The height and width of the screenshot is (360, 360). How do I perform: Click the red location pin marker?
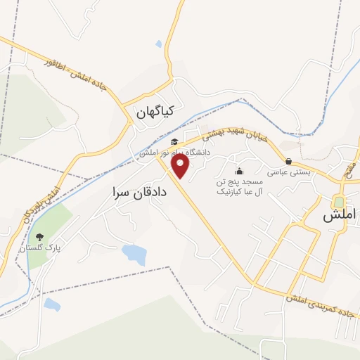pyautogui.click(x=181, y=166)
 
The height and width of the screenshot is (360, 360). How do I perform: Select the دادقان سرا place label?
pyautogui.click(x=139, y=191)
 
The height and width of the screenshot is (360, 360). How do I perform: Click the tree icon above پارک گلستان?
pyautogui.click(x=39, y=237)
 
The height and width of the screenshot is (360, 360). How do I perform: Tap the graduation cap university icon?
pyautogui.click(x=174, y=142)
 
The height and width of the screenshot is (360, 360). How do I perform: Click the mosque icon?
pyautogui.click(x=239, y=171)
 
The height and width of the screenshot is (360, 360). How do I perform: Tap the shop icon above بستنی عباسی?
pyautogui.click(x=288, y=161)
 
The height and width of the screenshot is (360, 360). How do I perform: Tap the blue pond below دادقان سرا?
pyautogui.click(x=134, y=254)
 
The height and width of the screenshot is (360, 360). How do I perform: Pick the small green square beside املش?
pyautogui.click(x=339, y=202)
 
